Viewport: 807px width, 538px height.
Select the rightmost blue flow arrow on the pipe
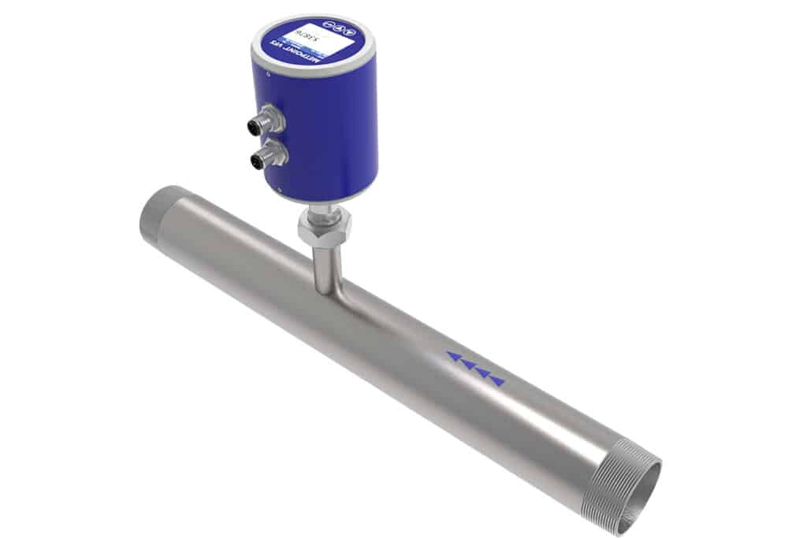click(497, 382)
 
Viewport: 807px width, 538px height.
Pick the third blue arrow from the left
click(482, 373)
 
